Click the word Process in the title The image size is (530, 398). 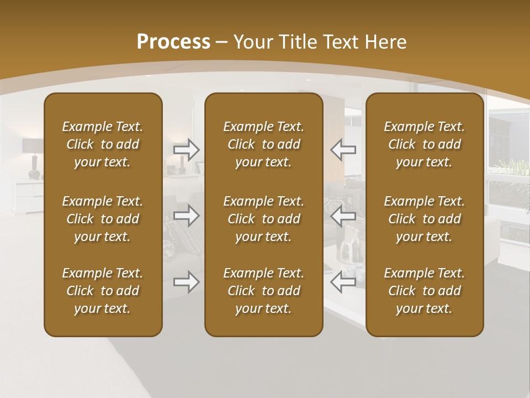(x=173, y=41)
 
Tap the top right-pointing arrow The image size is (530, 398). (x=187, y=150)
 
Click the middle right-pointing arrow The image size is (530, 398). (x=187, y=216)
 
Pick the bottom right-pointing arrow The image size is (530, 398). (x=187, y=282)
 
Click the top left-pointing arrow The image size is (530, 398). (x=343, y=150)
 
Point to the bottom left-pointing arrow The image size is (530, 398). (x=343, y=282)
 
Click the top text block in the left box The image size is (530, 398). (x=103, y=144)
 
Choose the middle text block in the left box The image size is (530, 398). (x=103, y=219)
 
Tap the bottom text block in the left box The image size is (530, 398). (x=103, y=291)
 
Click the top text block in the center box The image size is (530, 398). (x=263, y=144)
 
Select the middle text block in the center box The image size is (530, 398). (x=263, y=219)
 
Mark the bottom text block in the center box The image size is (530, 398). (x=263, y=291)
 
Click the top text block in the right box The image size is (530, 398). (x=424, y=144)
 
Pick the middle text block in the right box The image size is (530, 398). (x=424, y=219)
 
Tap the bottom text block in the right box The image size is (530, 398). (x=424, y=291)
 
